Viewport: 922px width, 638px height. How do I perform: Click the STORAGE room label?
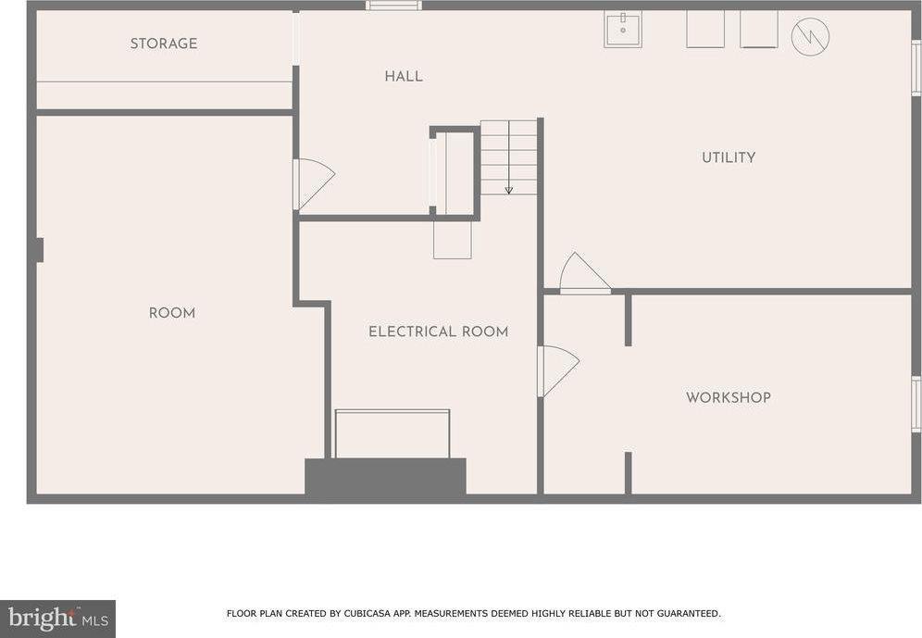click(x=163, y=44)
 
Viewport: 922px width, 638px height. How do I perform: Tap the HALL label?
click(x=404, y=76)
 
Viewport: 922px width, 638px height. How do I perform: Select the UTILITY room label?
click(x=729, y=157)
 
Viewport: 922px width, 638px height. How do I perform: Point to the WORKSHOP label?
click(x=728, y=397)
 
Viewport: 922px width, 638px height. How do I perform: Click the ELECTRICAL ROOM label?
click(x=438, y=332)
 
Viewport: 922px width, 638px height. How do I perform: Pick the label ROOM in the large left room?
click(x=172, y=313)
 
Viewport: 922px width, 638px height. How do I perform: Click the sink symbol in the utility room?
click(x=623, y=30)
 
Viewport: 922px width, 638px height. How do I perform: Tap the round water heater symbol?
click(x=810, y=37)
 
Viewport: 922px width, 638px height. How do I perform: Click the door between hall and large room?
click(x=312, y=182)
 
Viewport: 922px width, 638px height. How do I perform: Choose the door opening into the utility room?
click(x=582, y=275)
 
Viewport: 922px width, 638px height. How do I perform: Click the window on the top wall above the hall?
click(x=393, y=6)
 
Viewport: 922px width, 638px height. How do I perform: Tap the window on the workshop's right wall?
click(x=916, y=404)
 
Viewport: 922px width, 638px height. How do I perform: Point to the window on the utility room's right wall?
click(x=916, y=68)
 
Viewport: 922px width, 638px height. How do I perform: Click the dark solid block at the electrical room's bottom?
click(x=385, y=477)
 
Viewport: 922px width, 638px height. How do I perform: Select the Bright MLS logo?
click(x=57, y=618)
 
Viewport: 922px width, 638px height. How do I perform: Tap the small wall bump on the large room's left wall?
click(x=38, y=250)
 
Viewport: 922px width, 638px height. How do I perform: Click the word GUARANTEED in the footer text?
click(x=684, y=613)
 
